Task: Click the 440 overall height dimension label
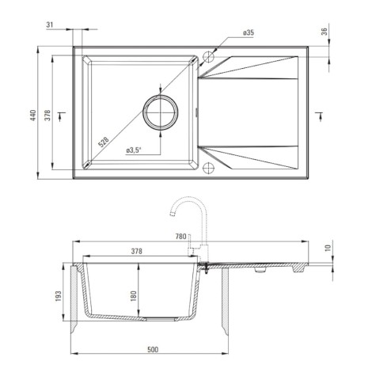32,116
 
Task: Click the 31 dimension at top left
50,25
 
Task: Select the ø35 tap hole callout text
249,32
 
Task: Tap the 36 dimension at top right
325,32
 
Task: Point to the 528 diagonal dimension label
103,142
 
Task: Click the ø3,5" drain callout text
134,150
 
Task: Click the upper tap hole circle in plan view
208,56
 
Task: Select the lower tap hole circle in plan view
208,168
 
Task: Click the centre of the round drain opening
161,112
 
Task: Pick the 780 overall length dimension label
181,237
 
